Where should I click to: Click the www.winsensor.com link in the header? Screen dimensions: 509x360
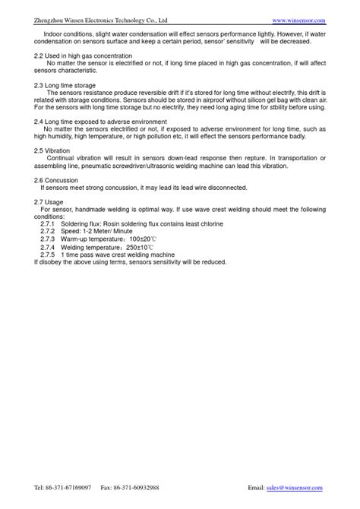(x=298, y=20)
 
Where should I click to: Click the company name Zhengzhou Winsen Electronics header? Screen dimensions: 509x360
(x=101, y=20)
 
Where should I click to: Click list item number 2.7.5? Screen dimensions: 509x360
(x=48, y=255)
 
